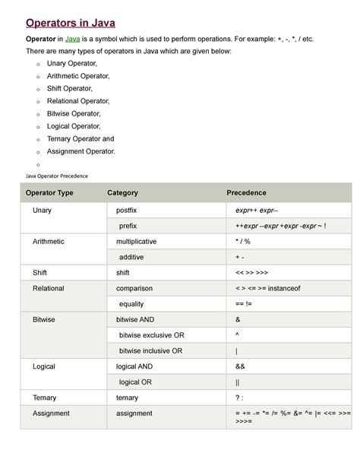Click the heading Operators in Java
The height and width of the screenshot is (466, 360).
(x=71, y=22)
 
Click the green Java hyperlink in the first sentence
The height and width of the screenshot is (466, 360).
(x=73, y=39)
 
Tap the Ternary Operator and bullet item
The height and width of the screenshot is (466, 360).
(x=81, y=139)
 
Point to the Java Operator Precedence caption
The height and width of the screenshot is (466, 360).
(x=57, y=176)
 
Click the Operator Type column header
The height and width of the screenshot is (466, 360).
(x=49, y=193)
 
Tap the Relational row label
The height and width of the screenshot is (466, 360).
(x=49, y=288)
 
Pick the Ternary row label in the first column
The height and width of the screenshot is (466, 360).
(x=44, y=398)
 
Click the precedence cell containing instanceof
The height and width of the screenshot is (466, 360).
(x=268, y=288)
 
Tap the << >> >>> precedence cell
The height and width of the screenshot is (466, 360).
(x=251, y=272)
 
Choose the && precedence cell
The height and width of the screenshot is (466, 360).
(x=241, y=366)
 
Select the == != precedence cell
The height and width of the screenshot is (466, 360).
(x=244, y=304)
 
